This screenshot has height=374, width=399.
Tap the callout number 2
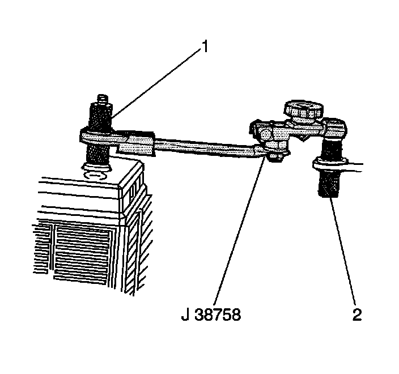pyautogui.click(x=356, y=314)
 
